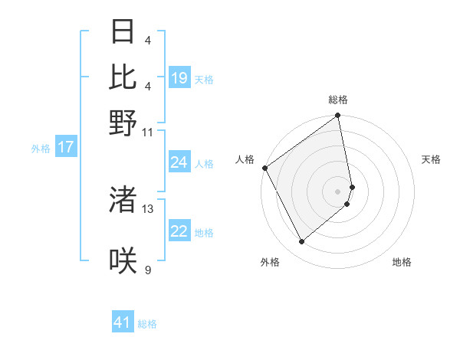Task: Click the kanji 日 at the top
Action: pos(123,31)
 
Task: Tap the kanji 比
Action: pos(123,77)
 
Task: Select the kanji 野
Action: pos(123,123)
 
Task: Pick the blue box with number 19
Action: pos(179,78)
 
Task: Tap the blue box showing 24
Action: pos(179,162)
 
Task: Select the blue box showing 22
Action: pos(179,232)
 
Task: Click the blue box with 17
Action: pos(66,148)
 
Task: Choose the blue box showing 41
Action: pos(123,322)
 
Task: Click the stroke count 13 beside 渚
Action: pos(148,208)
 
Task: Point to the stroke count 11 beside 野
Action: pos(148,131)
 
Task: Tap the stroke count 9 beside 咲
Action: pos(148,270)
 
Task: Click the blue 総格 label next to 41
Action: pos(147,324)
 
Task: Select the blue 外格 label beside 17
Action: pos(41,149)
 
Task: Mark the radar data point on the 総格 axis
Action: pos(337,116)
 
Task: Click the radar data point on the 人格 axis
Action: pos(264,168)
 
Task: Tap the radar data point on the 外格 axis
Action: pos(301,242)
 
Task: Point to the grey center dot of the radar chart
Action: pos(337,190)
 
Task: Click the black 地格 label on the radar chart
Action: pos(402,262)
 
